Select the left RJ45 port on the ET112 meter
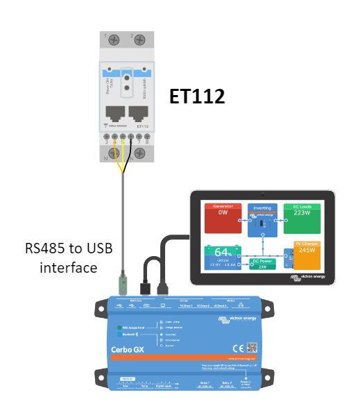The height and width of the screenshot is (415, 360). click(x=113, y=115)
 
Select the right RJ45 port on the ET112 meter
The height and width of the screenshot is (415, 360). click(x=141, y=115)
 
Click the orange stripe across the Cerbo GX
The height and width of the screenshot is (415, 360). click(x=180, y=359)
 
